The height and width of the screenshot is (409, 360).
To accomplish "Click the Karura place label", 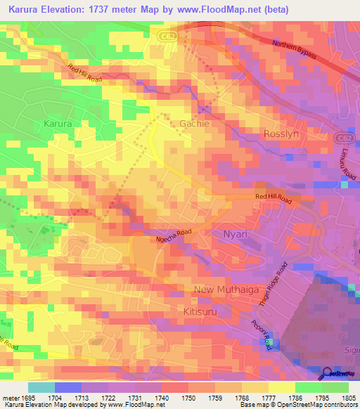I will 58,124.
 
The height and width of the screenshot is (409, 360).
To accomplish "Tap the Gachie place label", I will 195,123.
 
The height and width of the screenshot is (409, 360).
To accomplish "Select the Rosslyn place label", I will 282,134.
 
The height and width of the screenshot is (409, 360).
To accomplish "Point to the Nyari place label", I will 236,233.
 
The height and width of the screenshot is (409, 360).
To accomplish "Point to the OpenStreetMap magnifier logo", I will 328,373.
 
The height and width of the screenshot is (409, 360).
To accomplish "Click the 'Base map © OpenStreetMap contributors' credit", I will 297,405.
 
